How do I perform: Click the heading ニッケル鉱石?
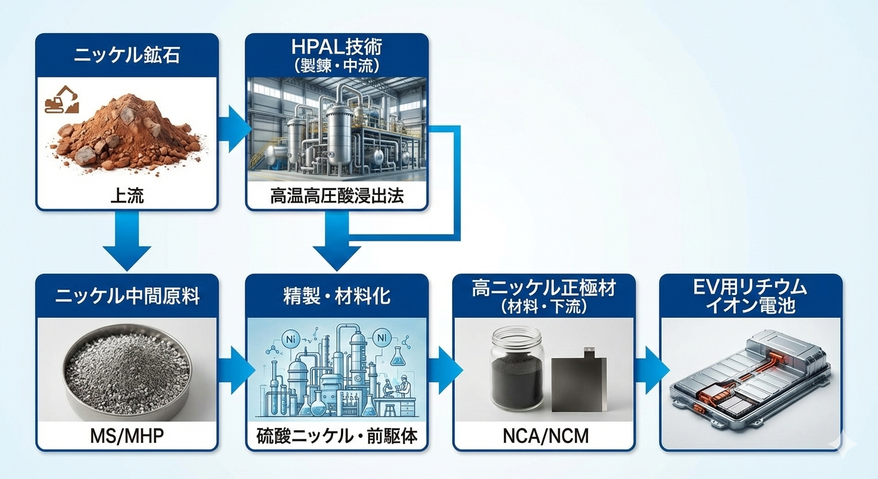pos(127,56)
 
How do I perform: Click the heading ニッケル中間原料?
pos(127,296)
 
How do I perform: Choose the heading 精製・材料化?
pos(337,296)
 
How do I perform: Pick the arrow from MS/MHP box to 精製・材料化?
pos(234,370)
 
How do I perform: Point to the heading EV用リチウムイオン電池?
pos(751,296)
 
